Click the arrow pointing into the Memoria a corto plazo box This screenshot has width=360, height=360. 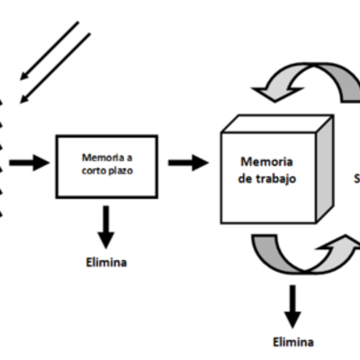pos(29,163)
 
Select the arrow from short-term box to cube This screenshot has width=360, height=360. pos(187,163)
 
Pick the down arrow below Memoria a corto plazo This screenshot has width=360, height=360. pos(106,226)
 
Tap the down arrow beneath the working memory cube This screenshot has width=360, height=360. pos(292,306)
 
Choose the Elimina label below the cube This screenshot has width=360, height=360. pos(294,342)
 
